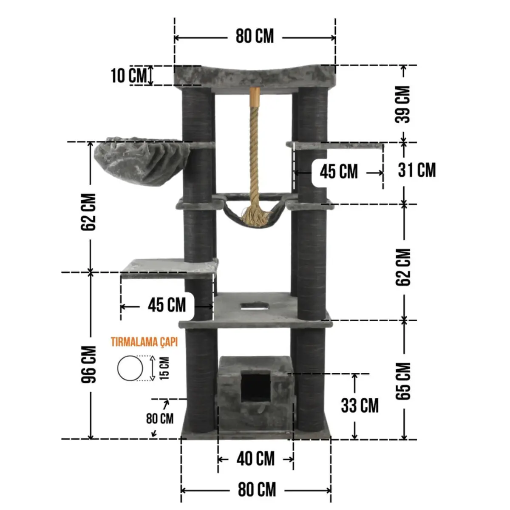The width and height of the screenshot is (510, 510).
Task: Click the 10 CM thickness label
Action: pyautogui.click(x=129, y=75)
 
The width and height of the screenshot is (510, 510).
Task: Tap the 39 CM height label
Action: pyautogui.click(x=402, y=104)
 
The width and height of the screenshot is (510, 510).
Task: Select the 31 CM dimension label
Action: pyautogui.click(x=416, y=170)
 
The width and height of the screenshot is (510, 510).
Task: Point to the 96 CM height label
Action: pyautogui.click(x=88, y=364)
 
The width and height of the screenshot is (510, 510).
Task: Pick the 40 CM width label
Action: pyautogui.click(x=255, y=459)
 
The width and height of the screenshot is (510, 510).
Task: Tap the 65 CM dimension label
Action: pyautogui.click(x=403, y=381)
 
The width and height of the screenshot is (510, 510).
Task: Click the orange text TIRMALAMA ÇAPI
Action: pyautogui.click(x=144, y=342)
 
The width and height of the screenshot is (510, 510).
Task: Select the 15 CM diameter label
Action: pyautogui.click(x=164, y=368)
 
